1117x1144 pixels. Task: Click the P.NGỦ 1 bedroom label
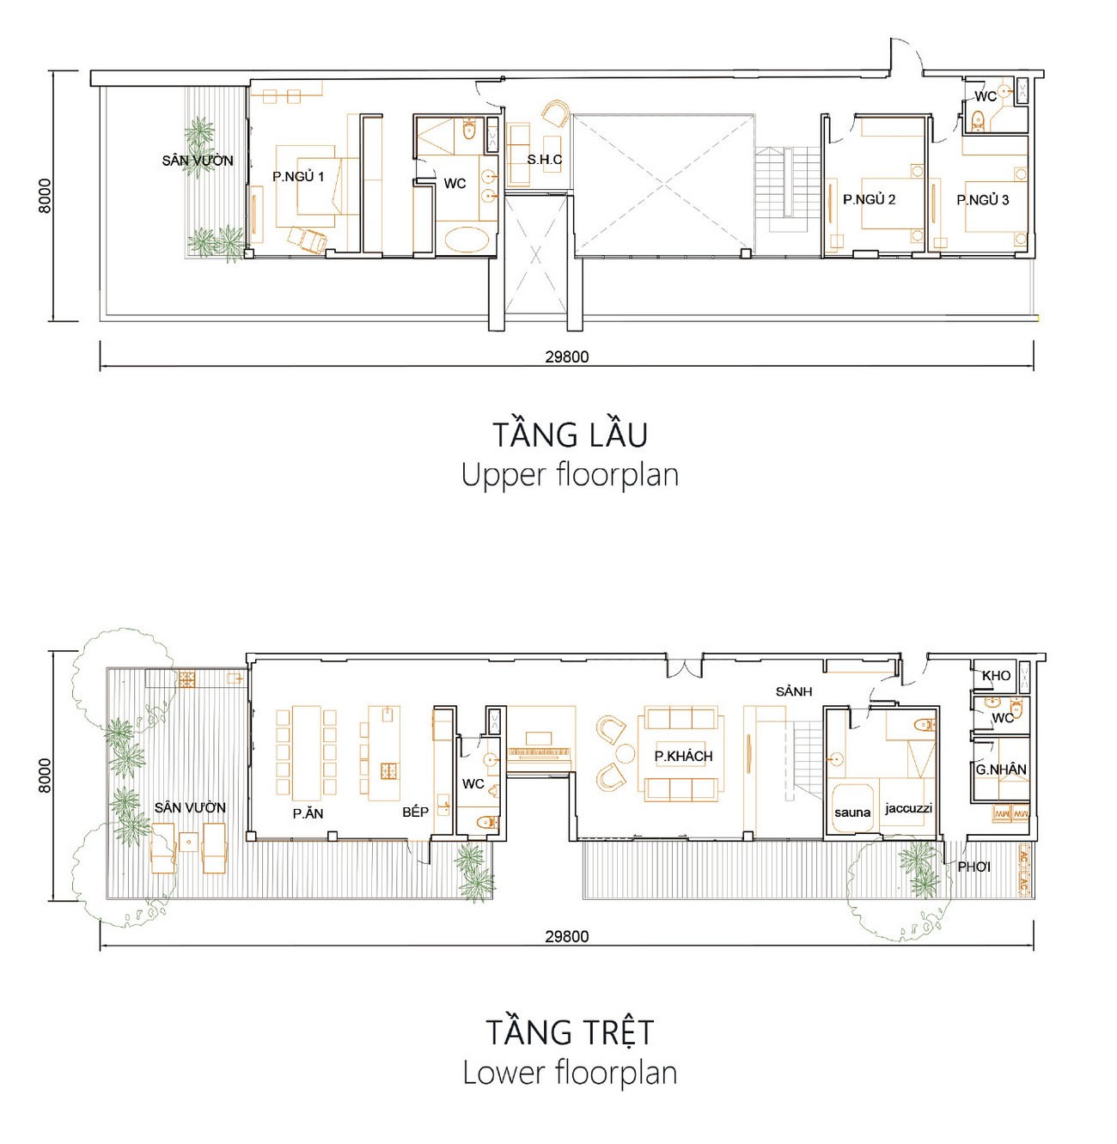tap(298, 177)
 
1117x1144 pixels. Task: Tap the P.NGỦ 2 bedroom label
tap(869, 199)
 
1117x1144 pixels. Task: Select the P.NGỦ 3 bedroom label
tap(983, 200)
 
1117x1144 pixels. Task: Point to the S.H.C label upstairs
tap(545, 160)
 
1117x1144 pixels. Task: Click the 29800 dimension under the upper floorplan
tap(567, 357)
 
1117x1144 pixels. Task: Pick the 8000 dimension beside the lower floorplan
tap(45, 776)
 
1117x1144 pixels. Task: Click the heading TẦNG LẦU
tap(570, 435)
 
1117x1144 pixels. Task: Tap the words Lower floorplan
tap(570, 1073)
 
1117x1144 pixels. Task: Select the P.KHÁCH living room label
tap(683, 757)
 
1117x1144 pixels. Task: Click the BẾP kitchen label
tap(416, 812)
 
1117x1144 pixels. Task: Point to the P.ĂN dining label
tap(308, 813)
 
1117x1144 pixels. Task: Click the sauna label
tap(852, 812)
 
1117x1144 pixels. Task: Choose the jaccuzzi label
tap(908, 808)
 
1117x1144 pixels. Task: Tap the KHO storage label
tap(997, 676)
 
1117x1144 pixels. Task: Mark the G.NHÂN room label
tap(1001, 770)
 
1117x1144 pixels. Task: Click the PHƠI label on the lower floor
tap(974, 867)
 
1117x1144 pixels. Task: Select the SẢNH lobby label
tap(793, 691)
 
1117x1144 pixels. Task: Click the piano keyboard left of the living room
tap(540, 754)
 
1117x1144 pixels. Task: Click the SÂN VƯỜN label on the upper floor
tap(198, 161)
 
